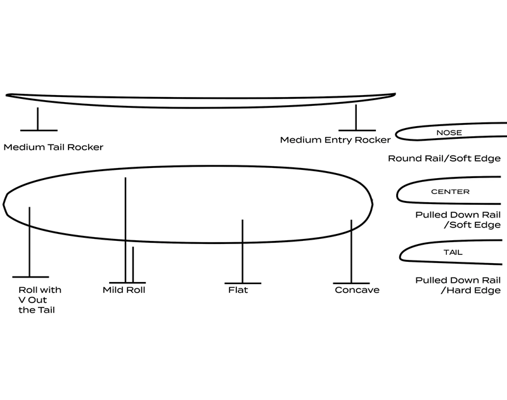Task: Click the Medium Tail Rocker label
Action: point(53,147)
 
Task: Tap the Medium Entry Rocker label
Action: point(335,139)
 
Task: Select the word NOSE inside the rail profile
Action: point(449,133)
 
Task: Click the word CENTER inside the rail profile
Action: point(450,191)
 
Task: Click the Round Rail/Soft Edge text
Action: point(444,158)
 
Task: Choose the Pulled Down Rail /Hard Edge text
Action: point(458,285)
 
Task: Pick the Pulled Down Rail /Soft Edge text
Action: point(458,219)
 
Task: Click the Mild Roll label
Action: point(124,290)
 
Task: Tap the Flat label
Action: point(238,290)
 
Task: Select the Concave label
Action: point(357,290)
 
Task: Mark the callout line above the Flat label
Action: point(242,251)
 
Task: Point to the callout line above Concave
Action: point(351,251)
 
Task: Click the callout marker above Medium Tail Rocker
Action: point(38,119)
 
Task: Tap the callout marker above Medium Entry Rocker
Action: point(356,117)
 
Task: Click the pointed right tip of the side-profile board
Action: point(397,94)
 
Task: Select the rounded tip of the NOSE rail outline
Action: point(398,133)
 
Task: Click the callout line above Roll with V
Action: point(29,242)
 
